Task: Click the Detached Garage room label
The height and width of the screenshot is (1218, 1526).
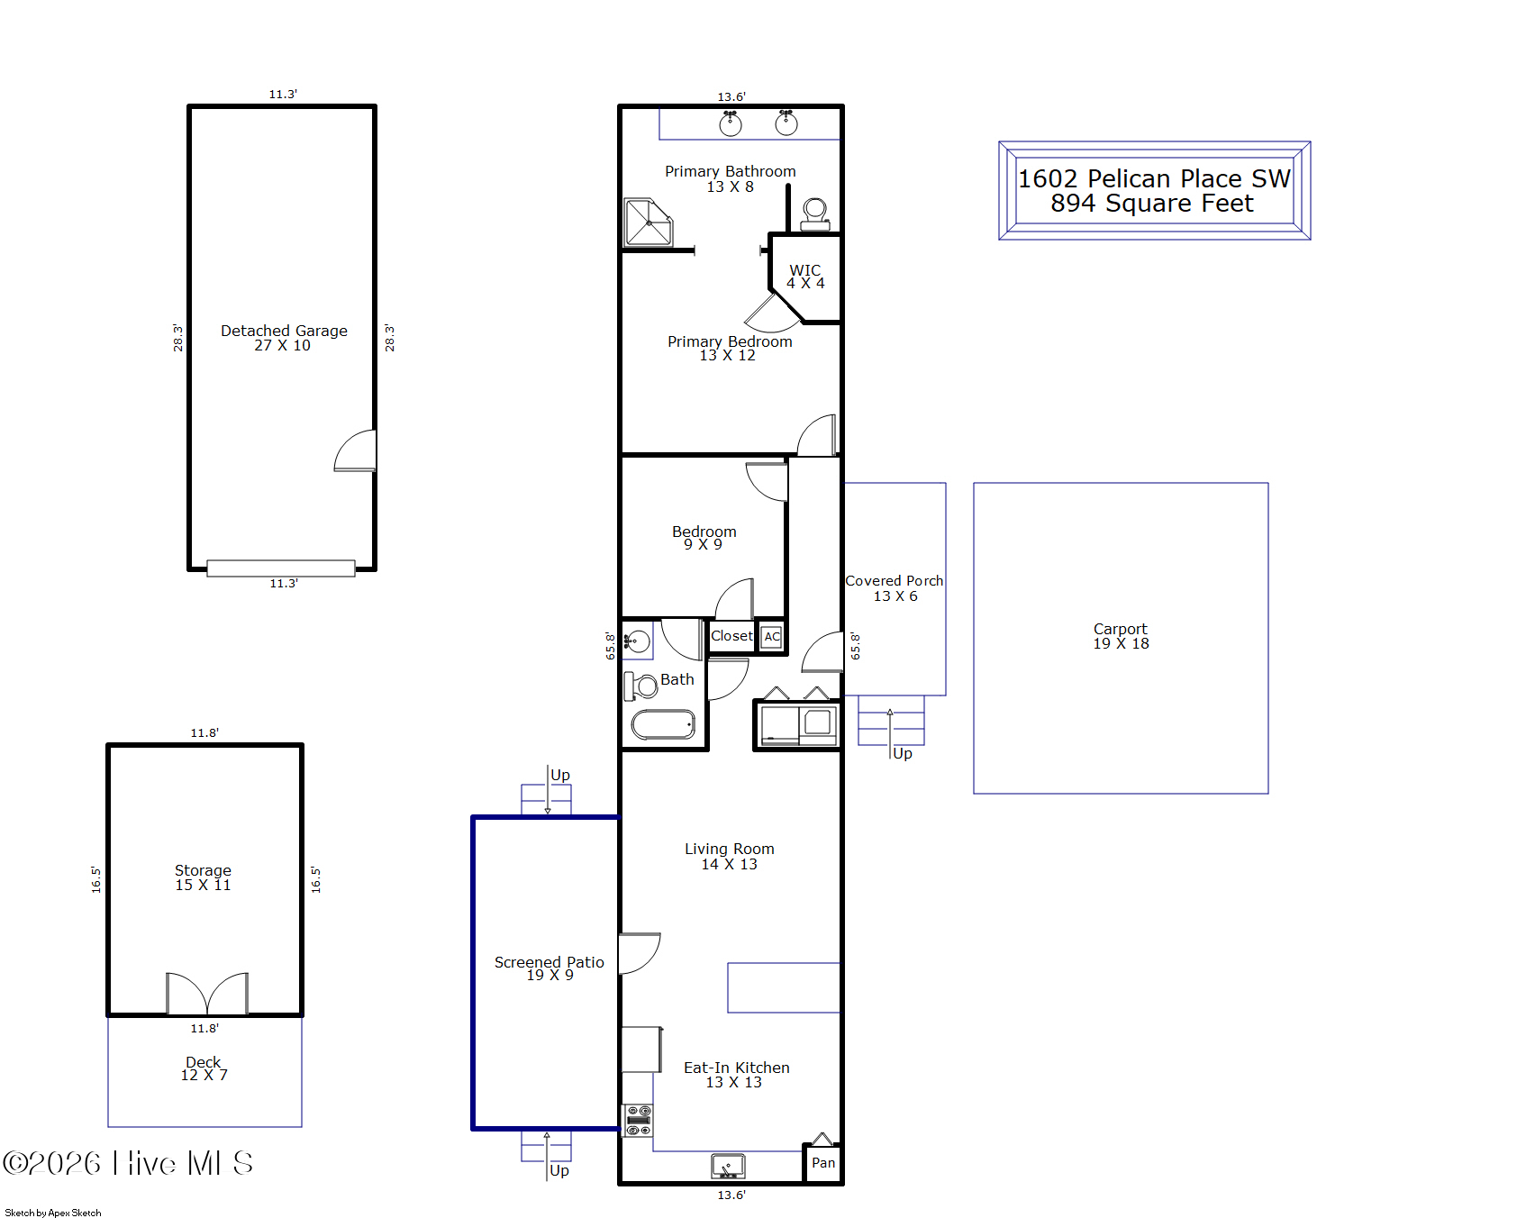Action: tap(284, 338)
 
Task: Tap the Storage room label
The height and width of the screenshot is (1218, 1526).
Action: tap(203, 877)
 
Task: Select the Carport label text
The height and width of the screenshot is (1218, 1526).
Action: tap(1121, 636)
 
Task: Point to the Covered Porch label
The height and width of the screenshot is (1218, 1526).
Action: tap(895, 588)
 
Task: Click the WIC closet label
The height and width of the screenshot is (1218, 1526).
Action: tap(805, 277)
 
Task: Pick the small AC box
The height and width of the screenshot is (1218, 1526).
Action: tap(772, 636)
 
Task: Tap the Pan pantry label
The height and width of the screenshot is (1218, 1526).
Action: tap(823, 1163)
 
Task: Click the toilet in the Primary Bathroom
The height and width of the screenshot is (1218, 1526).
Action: tap(815, 214)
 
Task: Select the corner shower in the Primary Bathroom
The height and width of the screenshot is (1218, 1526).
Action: tap(649, 222)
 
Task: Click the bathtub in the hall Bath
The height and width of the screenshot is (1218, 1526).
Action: tap(663, 724)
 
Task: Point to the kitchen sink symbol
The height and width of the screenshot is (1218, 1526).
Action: tap(728, 1166)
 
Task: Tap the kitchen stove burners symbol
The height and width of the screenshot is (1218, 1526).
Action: tap(639, 1121)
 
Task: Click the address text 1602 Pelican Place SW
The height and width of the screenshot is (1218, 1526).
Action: tap(1154, 178)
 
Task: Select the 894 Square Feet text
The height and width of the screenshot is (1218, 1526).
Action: tap(1152, 204)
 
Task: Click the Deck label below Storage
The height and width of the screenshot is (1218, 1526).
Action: tap(204, 1068)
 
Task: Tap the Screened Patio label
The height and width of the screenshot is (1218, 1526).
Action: tap(550, 968)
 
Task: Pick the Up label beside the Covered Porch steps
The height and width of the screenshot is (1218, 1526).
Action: tap(903, 753)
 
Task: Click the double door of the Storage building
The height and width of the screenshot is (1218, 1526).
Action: tap(207, 994)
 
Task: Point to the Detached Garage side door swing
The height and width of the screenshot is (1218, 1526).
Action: tap(356, 450)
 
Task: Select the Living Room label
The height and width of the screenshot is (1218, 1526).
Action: tap(730, 856)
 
